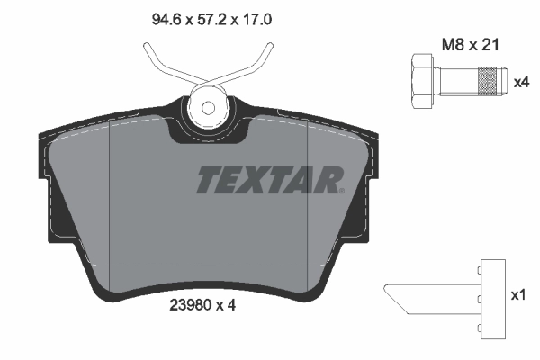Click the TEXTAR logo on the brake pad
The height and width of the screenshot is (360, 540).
click(268, 179)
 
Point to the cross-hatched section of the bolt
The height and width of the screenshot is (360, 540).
click(487, 82)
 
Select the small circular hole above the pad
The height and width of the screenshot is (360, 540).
click(208, 108)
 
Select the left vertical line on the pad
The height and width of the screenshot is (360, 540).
click(109, 198)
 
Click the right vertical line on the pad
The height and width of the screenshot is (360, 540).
click(309, 198)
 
